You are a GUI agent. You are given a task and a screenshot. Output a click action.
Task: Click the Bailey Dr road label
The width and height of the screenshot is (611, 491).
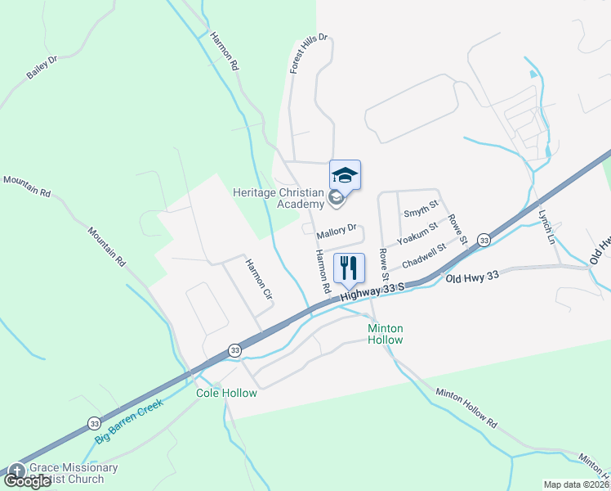[x=42, y=67]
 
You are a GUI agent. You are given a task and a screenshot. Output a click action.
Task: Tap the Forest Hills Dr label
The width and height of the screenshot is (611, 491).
[x=310, y=54]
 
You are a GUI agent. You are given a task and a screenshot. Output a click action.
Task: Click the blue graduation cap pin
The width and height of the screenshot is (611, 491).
[x=345, y=174]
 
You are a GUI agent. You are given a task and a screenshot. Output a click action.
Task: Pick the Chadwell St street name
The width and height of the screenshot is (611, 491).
[x=423, y=254]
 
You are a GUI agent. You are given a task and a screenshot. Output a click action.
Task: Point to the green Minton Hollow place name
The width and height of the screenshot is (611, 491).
[x=386, y=333]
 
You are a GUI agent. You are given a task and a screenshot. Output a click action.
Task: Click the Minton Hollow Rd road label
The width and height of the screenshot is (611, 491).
[x=466, y=408]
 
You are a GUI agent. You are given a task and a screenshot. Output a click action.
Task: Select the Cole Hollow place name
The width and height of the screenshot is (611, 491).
[x=226, y=393]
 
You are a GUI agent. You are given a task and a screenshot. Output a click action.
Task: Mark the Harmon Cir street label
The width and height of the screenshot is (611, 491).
[x=259, y=279]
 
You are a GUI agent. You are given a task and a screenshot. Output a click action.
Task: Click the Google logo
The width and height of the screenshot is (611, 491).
[x=28, y=481]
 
